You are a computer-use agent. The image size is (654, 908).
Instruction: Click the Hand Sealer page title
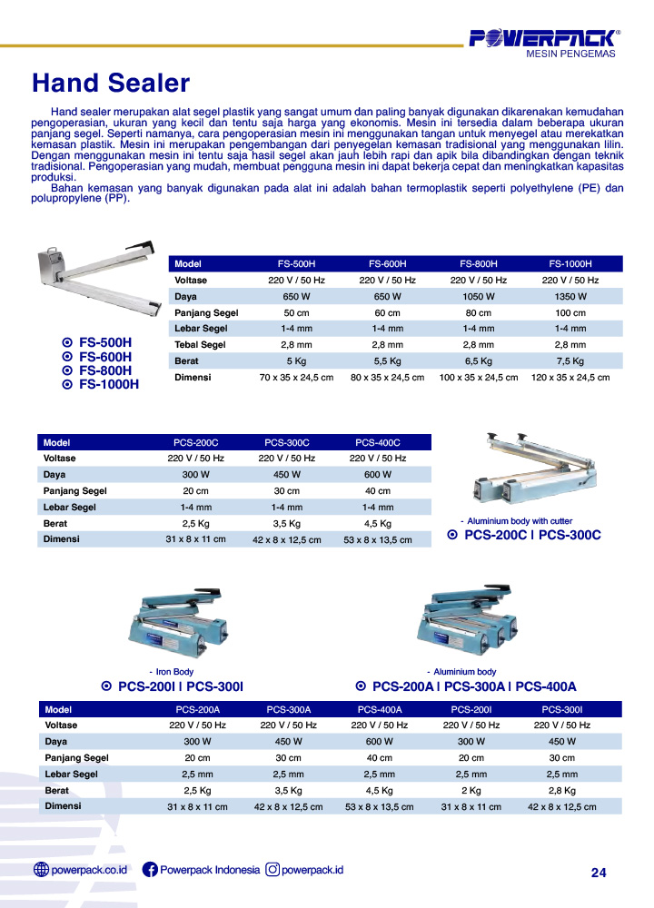point(111,84)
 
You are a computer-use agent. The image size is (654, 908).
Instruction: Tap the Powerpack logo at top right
point(543,38)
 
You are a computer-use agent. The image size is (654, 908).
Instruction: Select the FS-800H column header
point(479,263)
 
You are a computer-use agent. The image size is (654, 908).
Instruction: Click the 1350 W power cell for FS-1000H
point(570,297)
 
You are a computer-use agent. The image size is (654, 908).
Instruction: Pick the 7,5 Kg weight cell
point(570,361)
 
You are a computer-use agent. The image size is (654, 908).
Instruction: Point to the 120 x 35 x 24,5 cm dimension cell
point(570,378)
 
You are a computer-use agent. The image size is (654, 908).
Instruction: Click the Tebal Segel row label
point(200,345)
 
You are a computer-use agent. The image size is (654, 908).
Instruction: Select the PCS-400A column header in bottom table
point(380,709)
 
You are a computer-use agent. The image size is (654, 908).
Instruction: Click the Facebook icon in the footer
point(151,870)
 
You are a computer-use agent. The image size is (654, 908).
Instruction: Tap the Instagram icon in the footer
point(272,870)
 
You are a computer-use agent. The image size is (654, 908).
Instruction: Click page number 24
point(598,873)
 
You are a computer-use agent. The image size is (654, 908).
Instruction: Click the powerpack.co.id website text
point(89,870)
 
